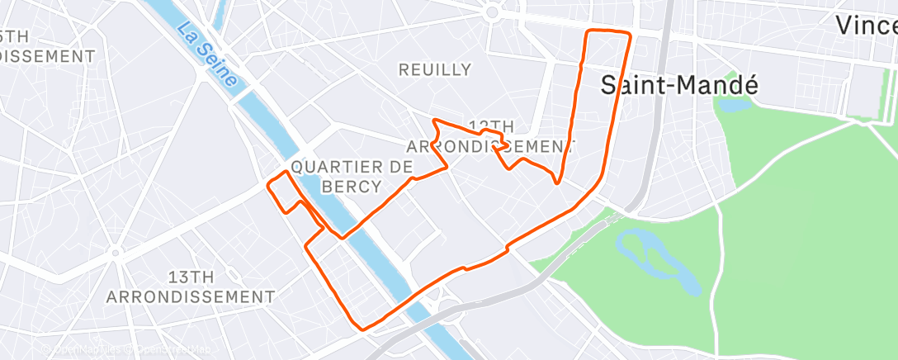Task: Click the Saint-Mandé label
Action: (x=667, y=84)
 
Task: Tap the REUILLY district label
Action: (x=435, y=70)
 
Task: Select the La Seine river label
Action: (x=210, y=55)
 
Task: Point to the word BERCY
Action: (x=352, y=187)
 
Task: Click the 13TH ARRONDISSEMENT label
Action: (x=191, y=286)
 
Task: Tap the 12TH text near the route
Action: (x=492, y=126)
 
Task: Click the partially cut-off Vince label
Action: (x=866, y=26)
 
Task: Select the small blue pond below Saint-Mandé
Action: (x=735, y=105)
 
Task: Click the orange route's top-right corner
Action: (x=630, y=34)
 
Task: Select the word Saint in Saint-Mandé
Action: (x=630, y=84)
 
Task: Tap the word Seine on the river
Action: (x=222, y=70)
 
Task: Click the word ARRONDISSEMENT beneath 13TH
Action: (x=191, y=296)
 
